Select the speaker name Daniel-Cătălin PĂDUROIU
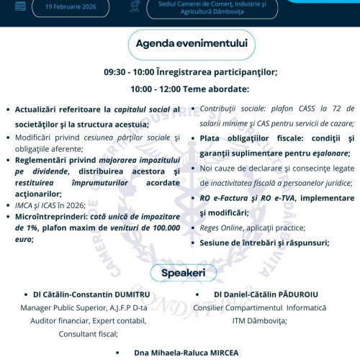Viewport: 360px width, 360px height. pos(276,295)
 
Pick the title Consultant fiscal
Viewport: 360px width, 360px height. pos(91,333)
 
